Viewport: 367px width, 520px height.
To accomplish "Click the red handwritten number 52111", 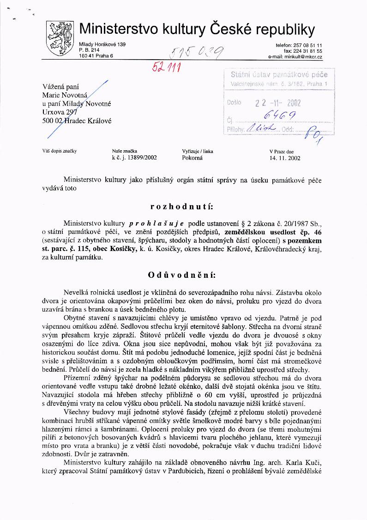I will click(x=168, y=67).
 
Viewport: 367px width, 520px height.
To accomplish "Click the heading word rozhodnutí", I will click(x=182, y=205).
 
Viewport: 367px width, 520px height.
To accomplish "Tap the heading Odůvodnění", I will click(x=181, y=275).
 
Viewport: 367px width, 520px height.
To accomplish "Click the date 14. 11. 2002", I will click(x=285, y=158).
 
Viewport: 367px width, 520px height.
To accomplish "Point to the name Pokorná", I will click(x=193, y=158).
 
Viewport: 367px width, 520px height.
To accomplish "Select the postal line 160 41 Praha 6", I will click(x=96, y=56).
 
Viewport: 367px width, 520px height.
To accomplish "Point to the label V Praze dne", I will click(x=282, y=151).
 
